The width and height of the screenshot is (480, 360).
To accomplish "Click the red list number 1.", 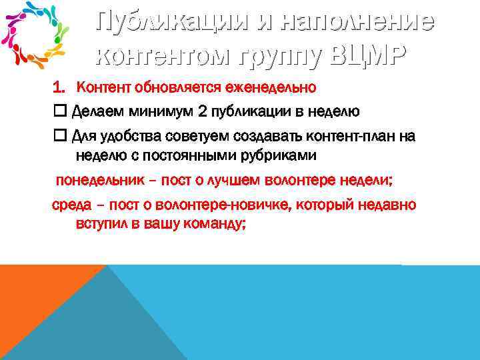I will [59, 87].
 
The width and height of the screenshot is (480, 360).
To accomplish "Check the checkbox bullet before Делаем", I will [59, 111].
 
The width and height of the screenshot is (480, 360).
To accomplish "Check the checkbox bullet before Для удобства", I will [59, 136].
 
